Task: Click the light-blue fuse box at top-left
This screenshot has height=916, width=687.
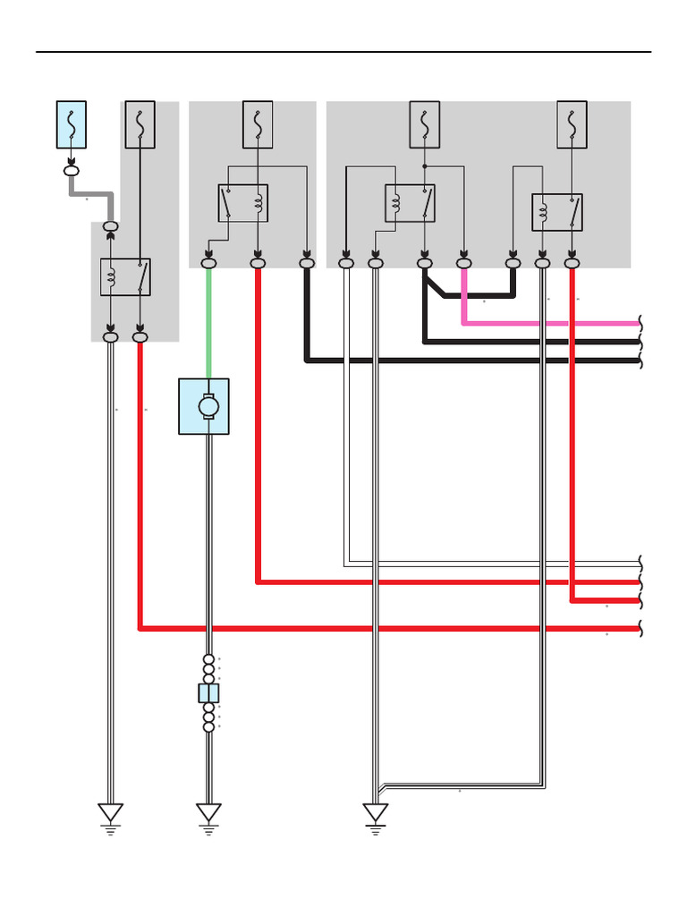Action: coord(72,124)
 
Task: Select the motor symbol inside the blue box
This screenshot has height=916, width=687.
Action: coord(208,407)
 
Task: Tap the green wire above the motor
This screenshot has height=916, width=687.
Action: coord(208,322)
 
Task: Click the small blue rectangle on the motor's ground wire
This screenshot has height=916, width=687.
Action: coord(208,693)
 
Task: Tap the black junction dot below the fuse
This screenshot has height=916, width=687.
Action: coord(424,165)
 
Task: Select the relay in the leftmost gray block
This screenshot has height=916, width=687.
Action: coord(125,277)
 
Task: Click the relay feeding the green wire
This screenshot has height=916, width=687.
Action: coord(243,203)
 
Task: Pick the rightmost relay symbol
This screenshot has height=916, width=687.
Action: coord(556,213)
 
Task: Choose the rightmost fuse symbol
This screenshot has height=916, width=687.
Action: coord(572,124)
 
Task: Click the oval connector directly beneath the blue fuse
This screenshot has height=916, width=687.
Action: coord(72,169)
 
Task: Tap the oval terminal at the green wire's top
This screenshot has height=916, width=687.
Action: coord(209,263)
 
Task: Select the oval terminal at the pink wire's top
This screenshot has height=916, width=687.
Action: coord(463,263)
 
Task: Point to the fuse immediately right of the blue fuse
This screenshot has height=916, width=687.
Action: coord(140,124)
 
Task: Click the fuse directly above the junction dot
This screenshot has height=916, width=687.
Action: coord(424,124)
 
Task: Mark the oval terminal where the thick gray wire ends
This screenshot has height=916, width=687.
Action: coord(111,227)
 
